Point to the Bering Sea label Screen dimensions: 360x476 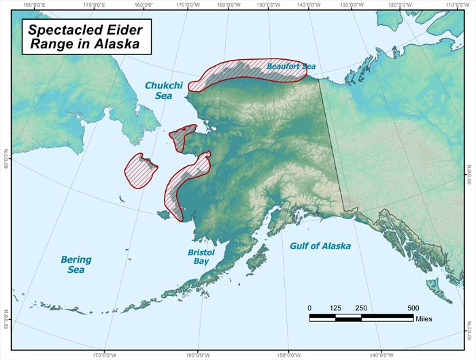76,265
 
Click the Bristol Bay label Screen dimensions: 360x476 201,257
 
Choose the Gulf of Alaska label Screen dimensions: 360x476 320,246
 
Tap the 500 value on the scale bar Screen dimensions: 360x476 413,308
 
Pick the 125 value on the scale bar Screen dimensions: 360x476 335,308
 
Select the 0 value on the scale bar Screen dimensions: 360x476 309,308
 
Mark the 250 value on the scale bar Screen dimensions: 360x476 361,308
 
